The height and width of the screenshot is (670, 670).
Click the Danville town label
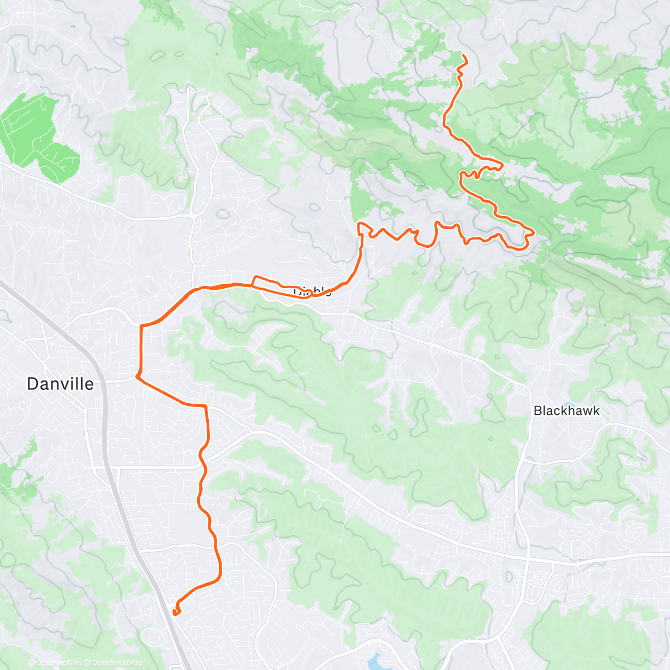coord(60,384)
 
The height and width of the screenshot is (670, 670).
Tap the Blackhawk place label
coord(566,411)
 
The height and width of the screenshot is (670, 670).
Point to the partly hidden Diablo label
coord(313,291)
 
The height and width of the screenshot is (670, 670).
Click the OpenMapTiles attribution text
coord(58,663)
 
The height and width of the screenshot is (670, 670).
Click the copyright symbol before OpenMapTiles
coord(31,663)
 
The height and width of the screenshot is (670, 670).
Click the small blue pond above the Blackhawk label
coord(568,404)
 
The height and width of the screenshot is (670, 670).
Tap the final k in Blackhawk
coord(595,411)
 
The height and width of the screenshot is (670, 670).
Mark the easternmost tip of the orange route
coord(534,232)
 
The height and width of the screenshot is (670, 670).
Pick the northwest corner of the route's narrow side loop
coord(255,276)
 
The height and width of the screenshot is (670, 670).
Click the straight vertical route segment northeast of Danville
coord(141,349)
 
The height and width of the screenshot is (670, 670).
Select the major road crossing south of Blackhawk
coord(527,558)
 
